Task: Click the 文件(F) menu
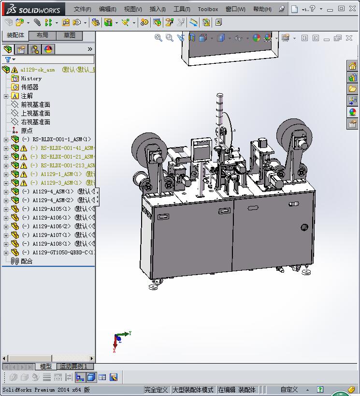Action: click(x=82, y=9)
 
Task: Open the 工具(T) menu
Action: click(x=182, y=9)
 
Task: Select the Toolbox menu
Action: click(x=208, y=9)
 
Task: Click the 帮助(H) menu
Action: click(x=262, y=9)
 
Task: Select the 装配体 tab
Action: click(x=15, y=35)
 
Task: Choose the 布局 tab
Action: click(x=43, y=35)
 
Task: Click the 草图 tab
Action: click(x=70, y=35)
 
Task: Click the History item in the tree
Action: click(x=31, y=78)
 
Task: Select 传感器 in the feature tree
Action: click(x=29, y=87)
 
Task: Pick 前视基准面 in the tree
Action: click(x=35, y=104)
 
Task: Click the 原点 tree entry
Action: click(x=27, y=131)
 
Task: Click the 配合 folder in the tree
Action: click(x=27, y=261)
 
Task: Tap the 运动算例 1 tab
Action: click(x=73, y=367)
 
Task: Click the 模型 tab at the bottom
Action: click(x=45, y=367)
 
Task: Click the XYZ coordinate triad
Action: click(x=120, y=338)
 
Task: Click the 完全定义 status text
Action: click(x=156, y=390)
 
